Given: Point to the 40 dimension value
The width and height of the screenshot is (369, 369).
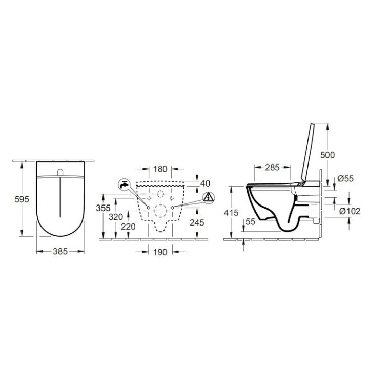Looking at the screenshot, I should coord(206,183).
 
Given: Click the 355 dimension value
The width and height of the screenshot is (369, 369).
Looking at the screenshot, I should coord(105,208).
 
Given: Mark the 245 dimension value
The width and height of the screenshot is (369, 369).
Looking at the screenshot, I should coord(196,222).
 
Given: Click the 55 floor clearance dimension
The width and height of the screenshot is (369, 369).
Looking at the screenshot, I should coord(250,222).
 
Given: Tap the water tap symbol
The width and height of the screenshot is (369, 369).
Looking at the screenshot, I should coord(124,184).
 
